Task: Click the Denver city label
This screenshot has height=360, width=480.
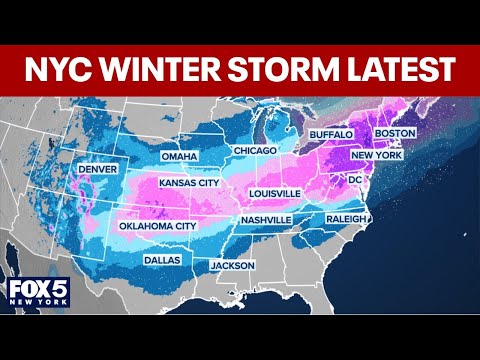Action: (99, 169)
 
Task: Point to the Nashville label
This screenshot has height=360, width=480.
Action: (265, 219)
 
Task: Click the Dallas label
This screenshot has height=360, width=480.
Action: (161, 258)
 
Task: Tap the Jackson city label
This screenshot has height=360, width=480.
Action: (232, 265)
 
